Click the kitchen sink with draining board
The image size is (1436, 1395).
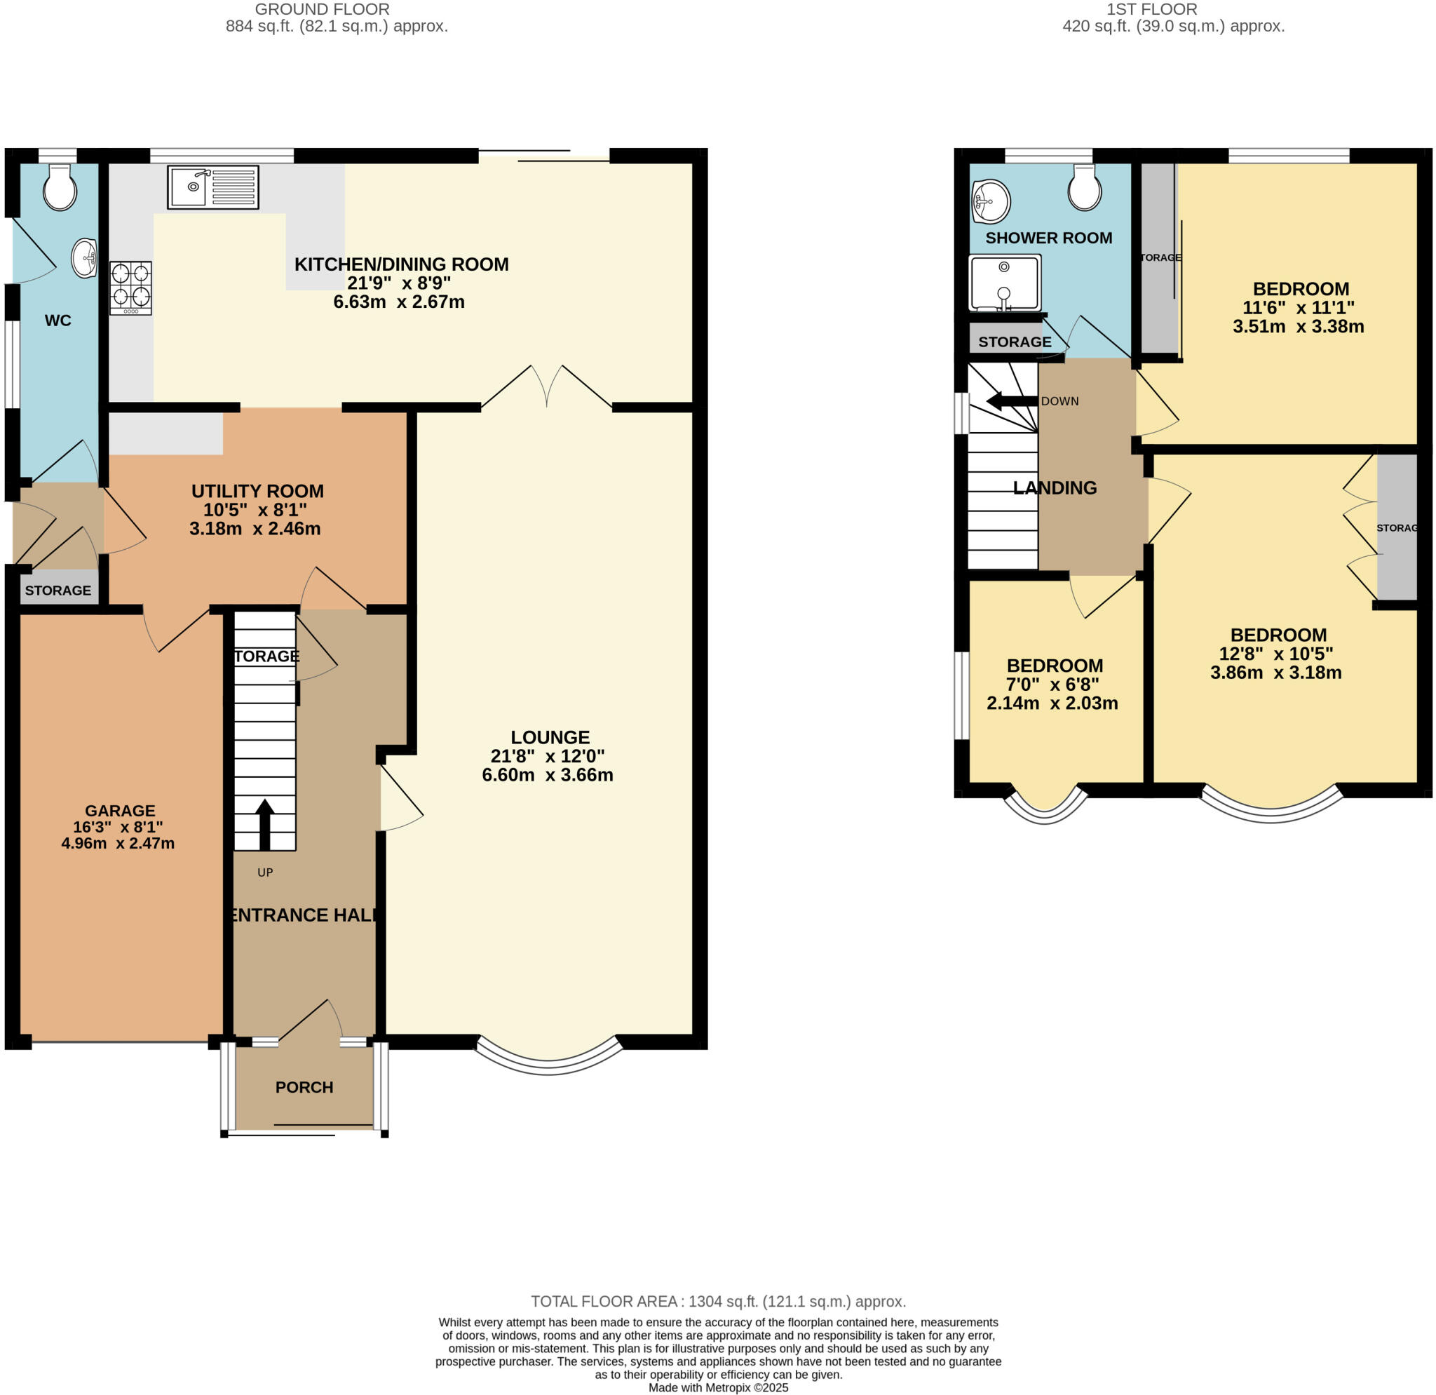pyautogui.click(x=213, y=187)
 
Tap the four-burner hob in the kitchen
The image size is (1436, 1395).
pyautogui.click(x=131, y=288)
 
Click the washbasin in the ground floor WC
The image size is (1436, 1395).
pyautogui.click(x=84, y=259)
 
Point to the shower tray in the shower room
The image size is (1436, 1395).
pyautogui.click(x=1005, y=283)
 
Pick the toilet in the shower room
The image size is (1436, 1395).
pyautogui.click(x=1084, y=187)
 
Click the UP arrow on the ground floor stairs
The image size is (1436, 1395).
pyautogui.click(x=264, y=824)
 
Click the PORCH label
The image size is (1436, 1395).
pyautogui.click(x=304, y=1087)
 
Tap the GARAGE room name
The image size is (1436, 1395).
pyautogui.click(x=120, y=810)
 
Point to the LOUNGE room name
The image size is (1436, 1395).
pyautogui.click(x=550, y=737)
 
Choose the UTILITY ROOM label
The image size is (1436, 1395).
pyautogui.click(x=257, y=491)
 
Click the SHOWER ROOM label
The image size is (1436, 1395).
pyautogui.click(x=1048, y=238)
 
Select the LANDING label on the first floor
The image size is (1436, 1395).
pyautogui.click(x=1055, y=488)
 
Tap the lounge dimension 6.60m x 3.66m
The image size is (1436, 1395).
pyautogui.click(x=548, y=775)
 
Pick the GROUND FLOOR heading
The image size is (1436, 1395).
pyautogui.click(x=323, y=10)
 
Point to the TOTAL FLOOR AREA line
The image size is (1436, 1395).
pyautogui.click(x=718, y=1302)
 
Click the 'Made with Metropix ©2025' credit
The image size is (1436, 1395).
pyautogui.click(x=718, y=1388)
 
